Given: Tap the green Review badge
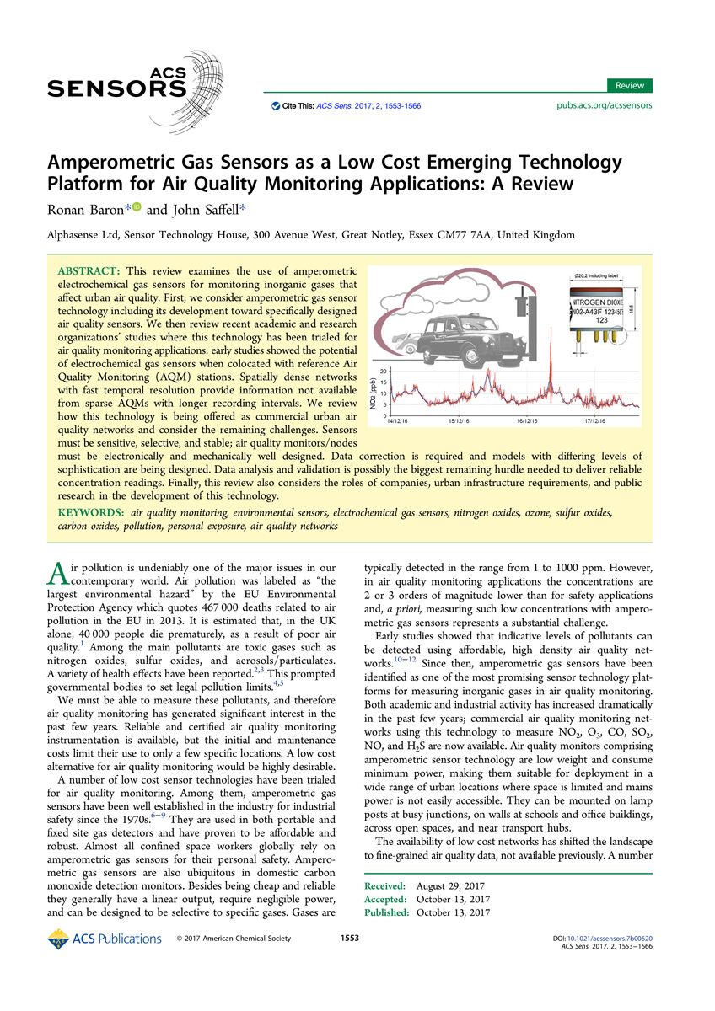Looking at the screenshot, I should click(629, 85).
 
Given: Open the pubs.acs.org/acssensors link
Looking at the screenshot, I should click(605, 106).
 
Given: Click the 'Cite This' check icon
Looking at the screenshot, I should click(275, 107).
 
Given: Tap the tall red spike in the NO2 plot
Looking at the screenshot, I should click(551, 371).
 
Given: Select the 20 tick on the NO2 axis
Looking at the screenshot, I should click(383, 372).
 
